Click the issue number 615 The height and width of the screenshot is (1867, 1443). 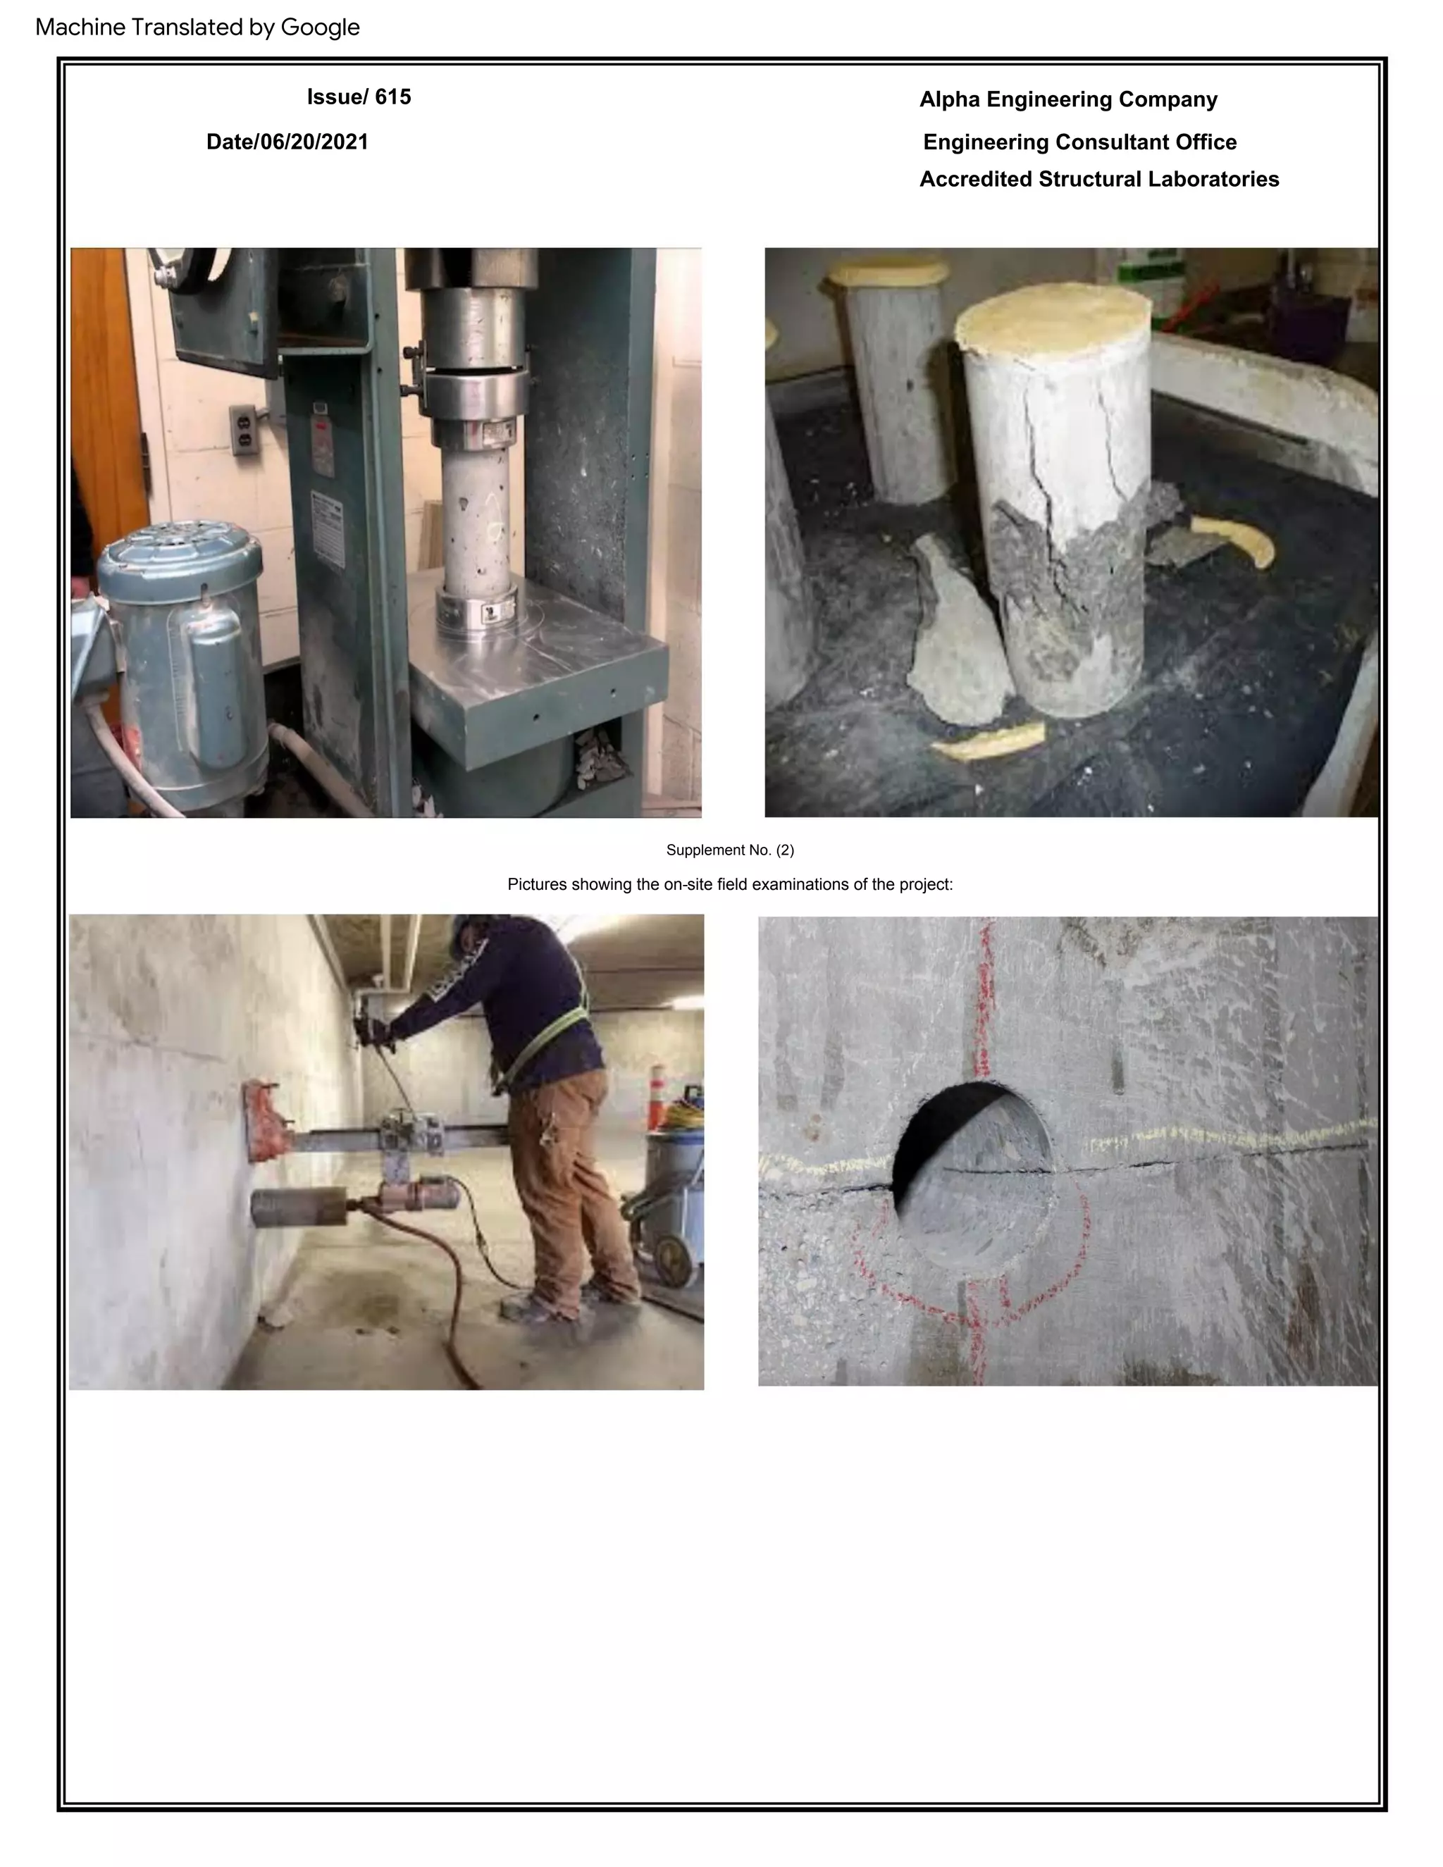coord(392,97)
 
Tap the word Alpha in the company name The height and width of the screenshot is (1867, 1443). coord(950,100)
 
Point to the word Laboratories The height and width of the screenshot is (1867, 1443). coord(1213,180)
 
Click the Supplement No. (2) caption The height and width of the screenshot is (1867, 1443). coord(729,850)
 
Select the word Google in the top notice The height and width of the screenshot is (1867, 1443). coord(320,27)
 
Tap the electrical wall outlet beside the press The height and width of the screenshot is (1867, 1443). coord(244,429)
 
